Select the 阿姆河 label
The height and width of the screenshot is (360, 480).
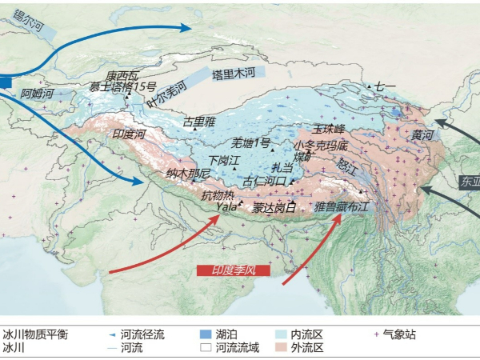point(38,94)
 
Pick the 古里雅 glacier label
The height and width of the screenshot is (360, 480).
point(199,122)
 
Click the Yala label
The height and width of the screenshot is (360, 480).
point(227,206)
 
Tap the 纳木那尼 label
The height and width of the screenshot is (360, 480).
point(188,173)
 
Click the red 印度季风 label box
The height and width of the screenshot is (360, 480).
point(233,270)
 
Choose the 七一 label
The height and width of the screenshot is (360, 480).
point(386,86)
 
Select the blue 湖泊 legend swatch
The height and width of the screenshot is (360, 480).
point(206,334)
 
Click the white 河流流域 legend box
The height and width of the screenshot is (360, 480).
point(206,348)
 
